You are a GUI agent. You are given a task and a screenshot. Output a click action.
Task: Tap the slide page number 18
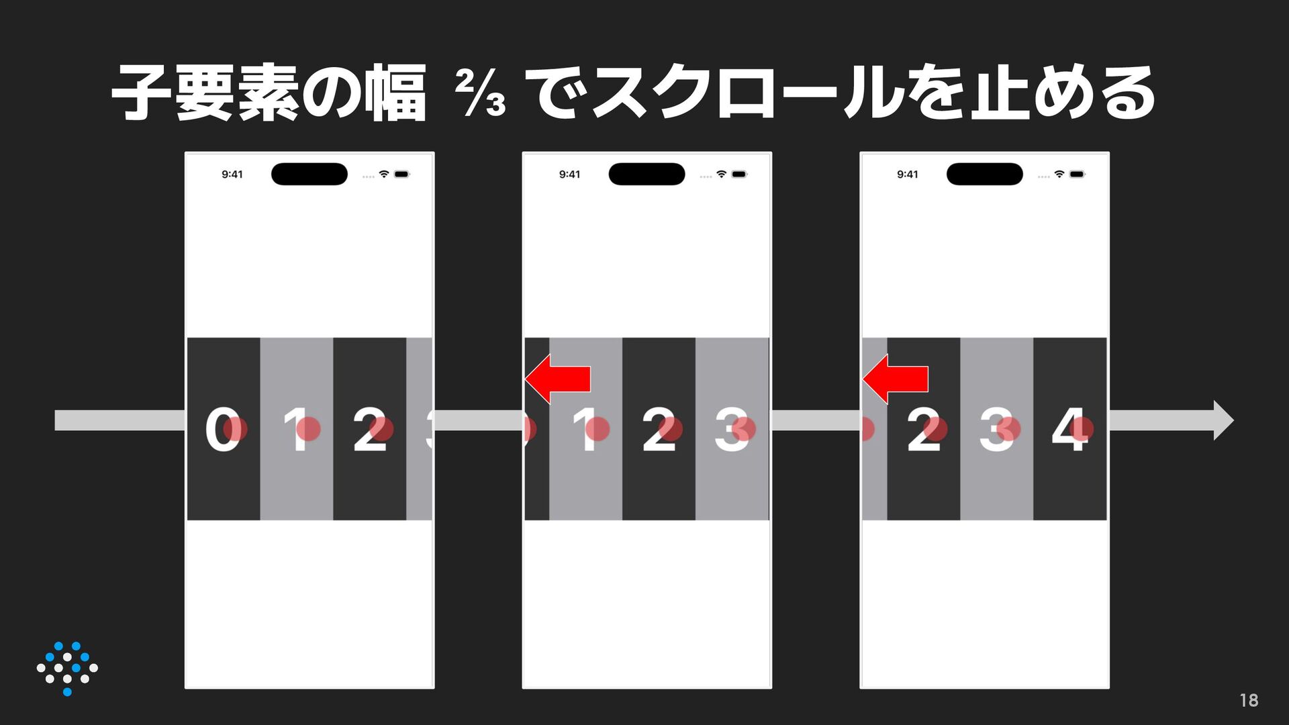pyautogui.click(x=1249, y=700)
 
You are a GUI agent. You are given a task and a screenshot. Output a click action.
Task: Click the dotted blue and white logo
pyautogui.click(x=67, y=669)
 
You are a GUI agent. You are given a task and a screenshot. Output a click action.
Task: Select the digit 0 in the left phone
pyautogui.click(x=222, y=428)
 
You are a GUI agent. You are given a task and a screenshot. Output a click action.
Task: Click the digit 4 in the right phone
pyautogui.click(x=1069, y=428)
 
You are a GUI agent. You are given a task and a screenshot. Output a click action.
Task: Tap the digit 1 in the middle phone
pyautogui.click(x=586, y=428)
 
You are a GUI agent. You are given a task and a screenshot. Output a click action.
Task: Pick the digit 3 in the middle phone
pyautogui.click(x=732, y=428)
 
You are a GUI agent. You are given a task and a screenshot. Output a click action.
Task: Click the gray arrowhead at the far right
pyautogui.click(x=1223, y=420)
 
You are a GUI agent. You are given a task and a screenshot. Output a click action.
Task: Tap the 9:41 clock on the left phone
pyautogui.click(x=232, y=175)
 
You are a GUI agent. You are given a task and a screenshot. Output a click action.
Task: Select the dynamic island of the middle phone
pyautogui.click(x=647, y=174)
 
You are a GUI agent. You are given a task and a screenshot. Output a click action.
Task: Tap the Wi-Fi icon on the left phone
pyautogui.click(x=384, y=174)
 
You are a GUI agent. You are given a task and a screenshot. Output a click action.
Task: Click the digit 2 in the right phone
pyautogui.click(x=924, y=428)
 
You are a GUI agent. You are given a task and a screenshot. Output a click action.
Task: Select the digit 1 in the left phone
pyautogui.click(x=296, y=428)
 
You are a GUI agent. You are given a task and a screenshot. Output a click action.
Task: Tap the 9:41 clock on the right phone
pyautogui.click(x=908, y=175)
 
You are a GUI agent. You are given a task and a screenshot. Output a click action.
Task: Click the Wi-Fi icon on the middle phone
pyautogui.click(x=721, y=174)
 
